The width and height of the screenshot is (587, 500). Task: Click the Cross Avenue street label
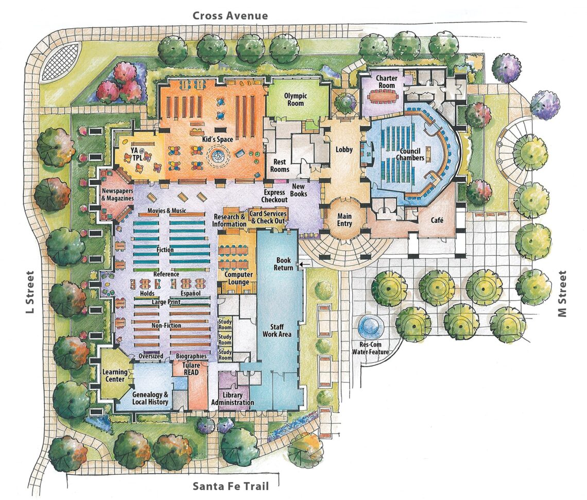click(x=230, y=15)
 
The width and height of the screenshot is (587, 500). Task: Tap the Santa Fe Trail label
click(x=230, y=486)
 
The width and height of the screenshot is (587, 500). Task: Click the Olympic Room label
click(x=295, y=99)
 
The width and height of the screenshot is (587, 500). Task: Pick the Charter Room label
click(x=386, y=82)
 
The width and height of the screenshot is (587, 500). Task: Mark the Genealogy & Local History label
click(x=148, y=398)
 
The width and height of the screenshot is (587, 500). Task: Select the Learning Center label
click(x=114, y=375)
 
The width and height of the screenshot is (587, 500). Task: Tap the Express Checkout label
click(x=274, y=196)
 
